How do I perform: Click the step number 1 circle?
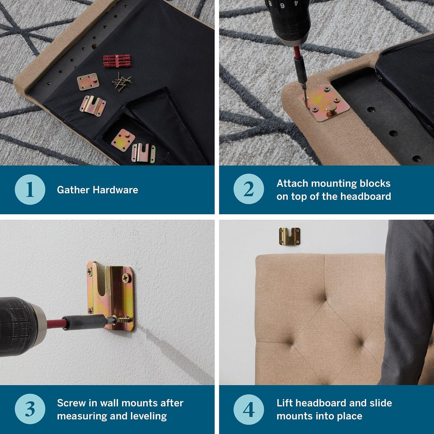[30, 189]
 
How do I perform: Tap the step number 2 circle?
[248, 189]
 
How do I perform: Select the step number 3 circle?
[30, 409]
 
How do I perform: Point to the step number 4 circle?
[248, 409]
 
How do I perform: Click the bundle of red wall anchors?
[117, 61]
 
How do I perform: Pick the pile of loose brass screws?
[121, 82]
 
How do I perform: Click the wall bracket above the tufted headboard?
[289, 236]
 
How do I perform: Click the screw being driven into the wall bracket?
[123, 320]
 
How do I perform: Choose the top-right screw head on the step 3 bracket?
[126, 277]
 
